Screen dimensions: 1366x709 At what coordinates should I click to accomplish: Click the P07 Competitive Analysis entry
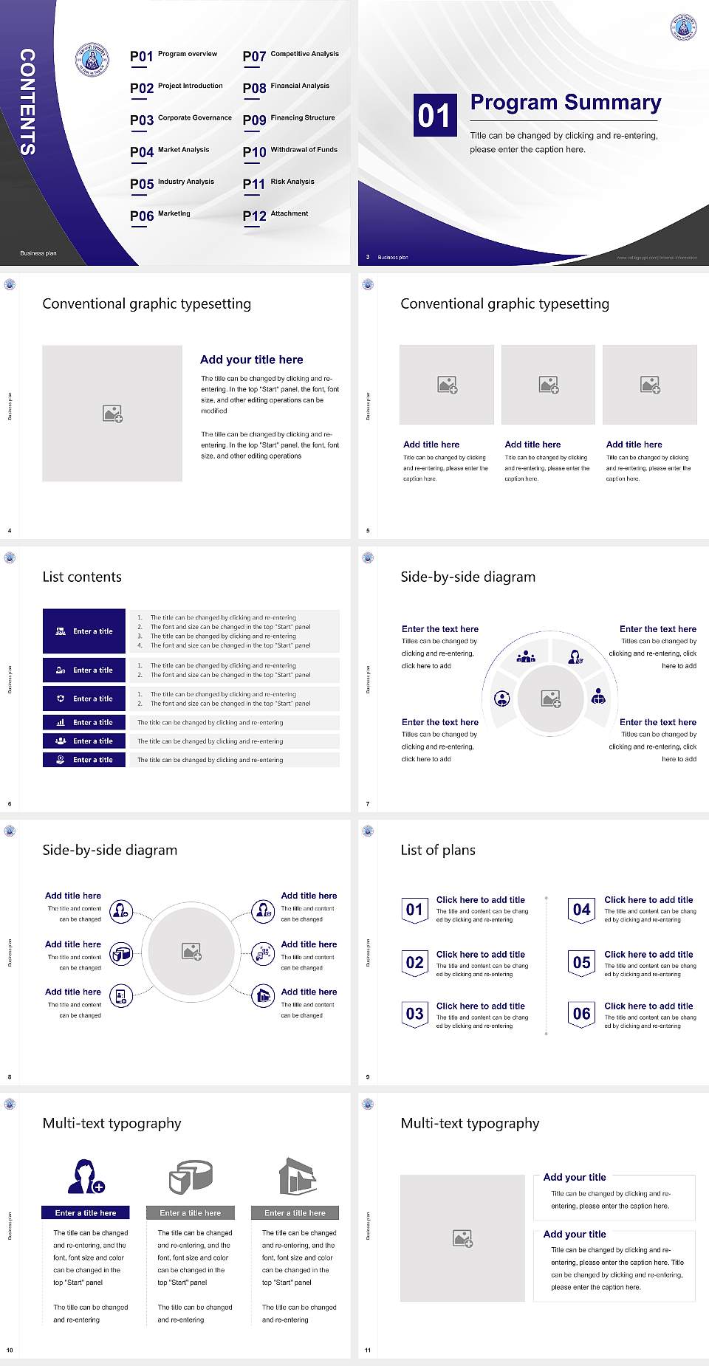pos(291,55)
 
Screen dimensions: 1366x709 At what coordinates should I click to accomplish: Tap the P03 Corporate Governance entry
pos(181,119)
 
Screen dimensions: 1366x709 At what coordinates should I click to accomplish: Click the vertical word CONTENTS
pos(27,101)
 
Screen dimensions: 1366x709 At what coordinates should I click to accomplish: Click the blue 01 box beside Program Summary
pos(434,115)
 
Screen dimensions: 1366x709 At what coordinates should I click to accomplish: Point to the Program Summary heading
pos(565,103)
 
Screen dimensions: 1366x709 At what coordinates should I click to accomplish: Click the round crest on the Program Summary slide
pos(683,27)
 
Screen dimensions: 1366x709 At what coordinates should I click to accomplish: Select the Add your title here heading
pos(251,360)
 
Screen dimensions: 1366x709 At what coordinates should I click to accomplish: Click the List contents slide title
pos(82,577)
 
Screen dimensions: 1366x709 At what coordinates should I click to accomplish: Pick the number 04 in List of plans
pos(582,910)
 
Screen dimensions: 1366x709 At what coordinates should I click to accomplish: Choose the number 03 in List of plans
pos(415,1014)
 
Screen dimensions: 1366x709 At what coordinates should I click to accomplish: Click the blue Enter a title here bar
pos(86,1212)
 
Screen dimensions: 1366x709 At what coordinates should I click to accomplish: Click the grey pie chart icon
pos(191,1176)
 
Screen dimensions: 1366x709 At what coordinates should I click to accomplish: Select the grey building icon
pos(297,1176)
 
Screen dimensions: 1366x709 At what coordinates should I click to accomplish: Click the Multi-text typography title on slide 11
pos(470,1123)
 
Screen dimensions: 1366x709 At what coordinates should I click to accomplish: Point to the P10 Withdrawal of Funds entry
pos(290,151)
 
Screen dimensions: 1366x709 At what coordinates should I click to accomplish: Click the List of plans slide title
pos(438,850)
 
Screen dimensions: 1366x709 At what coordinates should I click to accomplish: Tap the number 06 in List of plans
pos(582,1014)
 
